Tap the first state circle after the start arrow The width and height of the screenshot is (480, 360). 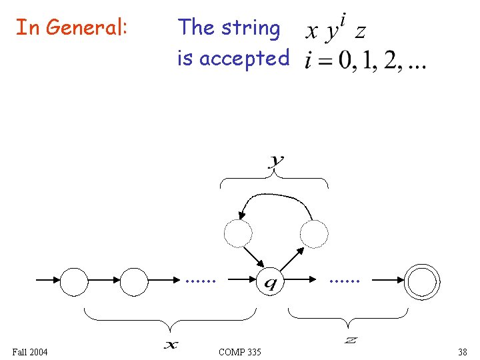coord(74,281)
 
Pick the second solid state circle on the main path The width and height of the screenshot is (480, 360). coord(134,281)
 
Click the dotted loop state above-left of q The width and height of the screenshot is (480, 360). coord(238,233)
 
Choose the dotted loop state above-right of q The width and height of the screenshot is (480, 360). coord(314,233)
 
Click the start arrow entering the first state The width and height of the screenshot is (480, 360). coord(47,281)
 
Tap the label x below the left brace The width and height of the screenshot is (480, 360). coord(171,344)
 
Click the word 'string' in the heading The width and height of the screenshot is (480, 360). coord(251,28)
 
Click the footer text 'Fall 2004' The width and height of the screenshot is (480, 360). coord(30,351)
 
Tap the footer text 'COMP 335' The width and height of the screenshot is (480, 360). coord(240,351)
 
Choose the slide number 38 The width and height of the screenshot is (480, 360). coord(462,351)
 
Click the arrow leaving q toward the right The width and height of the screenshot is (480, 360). coord(301,281)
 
